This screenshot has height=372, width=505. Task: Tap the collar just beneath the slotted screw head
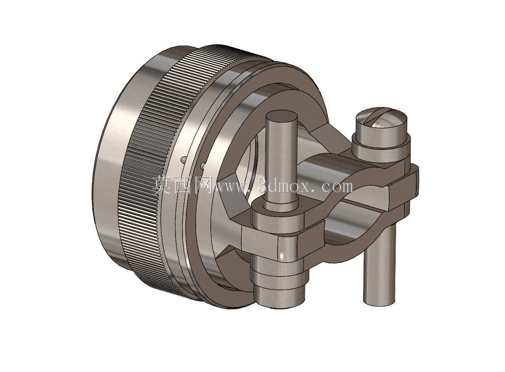[x=381, y=150]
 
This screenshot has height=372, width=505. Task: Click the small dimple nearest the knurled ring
[x=183, y=159]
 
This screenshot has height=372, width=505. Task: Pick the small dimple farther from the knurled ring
[x=202, y=166]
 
